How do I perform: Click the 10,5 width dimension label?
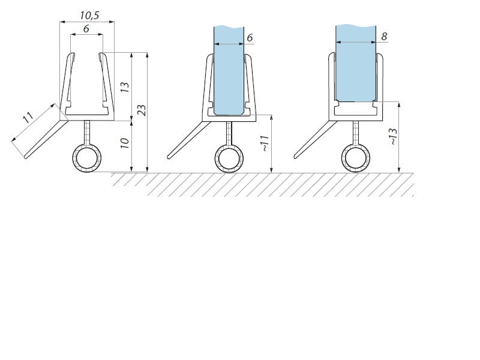[x=89, y=16]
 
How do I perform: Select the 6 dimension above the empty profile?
[x=86, y=28]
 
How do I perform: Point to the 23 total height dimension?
[x=142, y=110]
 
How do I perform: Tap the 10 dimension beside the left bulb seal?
[x=125, y=143]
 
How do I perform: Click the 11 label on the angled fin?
[x=28, y=117]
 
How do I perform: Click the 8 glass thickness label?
[x=384, y=37]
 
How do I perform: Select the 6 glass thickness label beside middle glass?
[x=250, y=38]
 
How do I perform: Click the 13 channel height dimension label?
[x=125, y=87]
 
